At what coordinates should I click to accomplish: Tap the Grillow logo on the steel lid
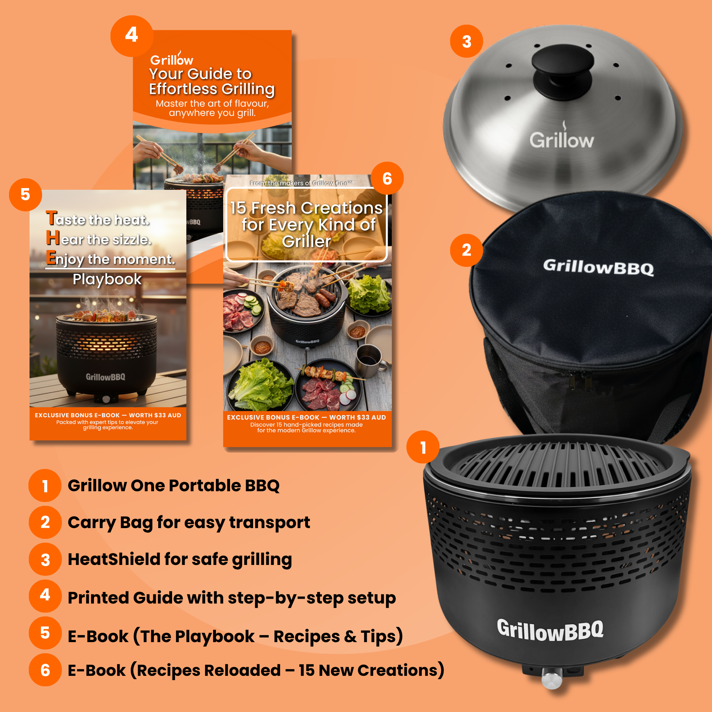[562, 140]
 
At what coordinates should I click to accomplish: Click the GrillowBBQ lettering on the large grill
[550, 630]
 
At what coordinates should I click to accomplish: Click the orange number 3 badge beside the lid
[467, 41]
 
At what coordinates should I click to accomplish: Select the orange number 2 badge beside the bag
[467, 250]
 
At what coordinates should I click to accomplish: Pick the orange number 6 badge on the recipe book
[387, 178]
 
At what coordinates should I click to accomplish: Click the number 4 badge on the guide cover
[131, 35]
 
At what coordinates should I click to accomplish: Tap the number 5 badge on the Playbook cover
[25, 195]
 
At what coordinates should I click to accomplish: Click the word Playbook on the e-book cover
[107, 280]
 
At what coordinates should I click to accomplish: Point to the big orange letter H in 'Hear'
[53, 238]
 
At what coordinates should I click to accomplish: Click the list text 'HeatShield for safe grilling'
[180, 559]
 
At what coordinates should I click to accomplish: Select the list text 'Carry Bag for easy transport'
[189, 523]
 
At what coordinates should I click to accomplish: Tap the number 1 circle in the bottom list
[45, 486]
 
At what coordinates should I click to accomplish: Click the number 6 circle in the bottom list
[45, 670]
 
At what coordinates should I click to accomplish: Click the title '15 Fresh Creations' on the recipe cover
[307, 208]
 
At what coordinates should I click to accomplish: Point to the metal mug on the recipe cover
[370, 358]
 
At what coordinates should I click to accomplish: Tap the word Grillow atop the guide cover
[172, 59]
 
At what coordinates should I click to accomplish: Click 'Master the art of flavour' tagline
[212, 104]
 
